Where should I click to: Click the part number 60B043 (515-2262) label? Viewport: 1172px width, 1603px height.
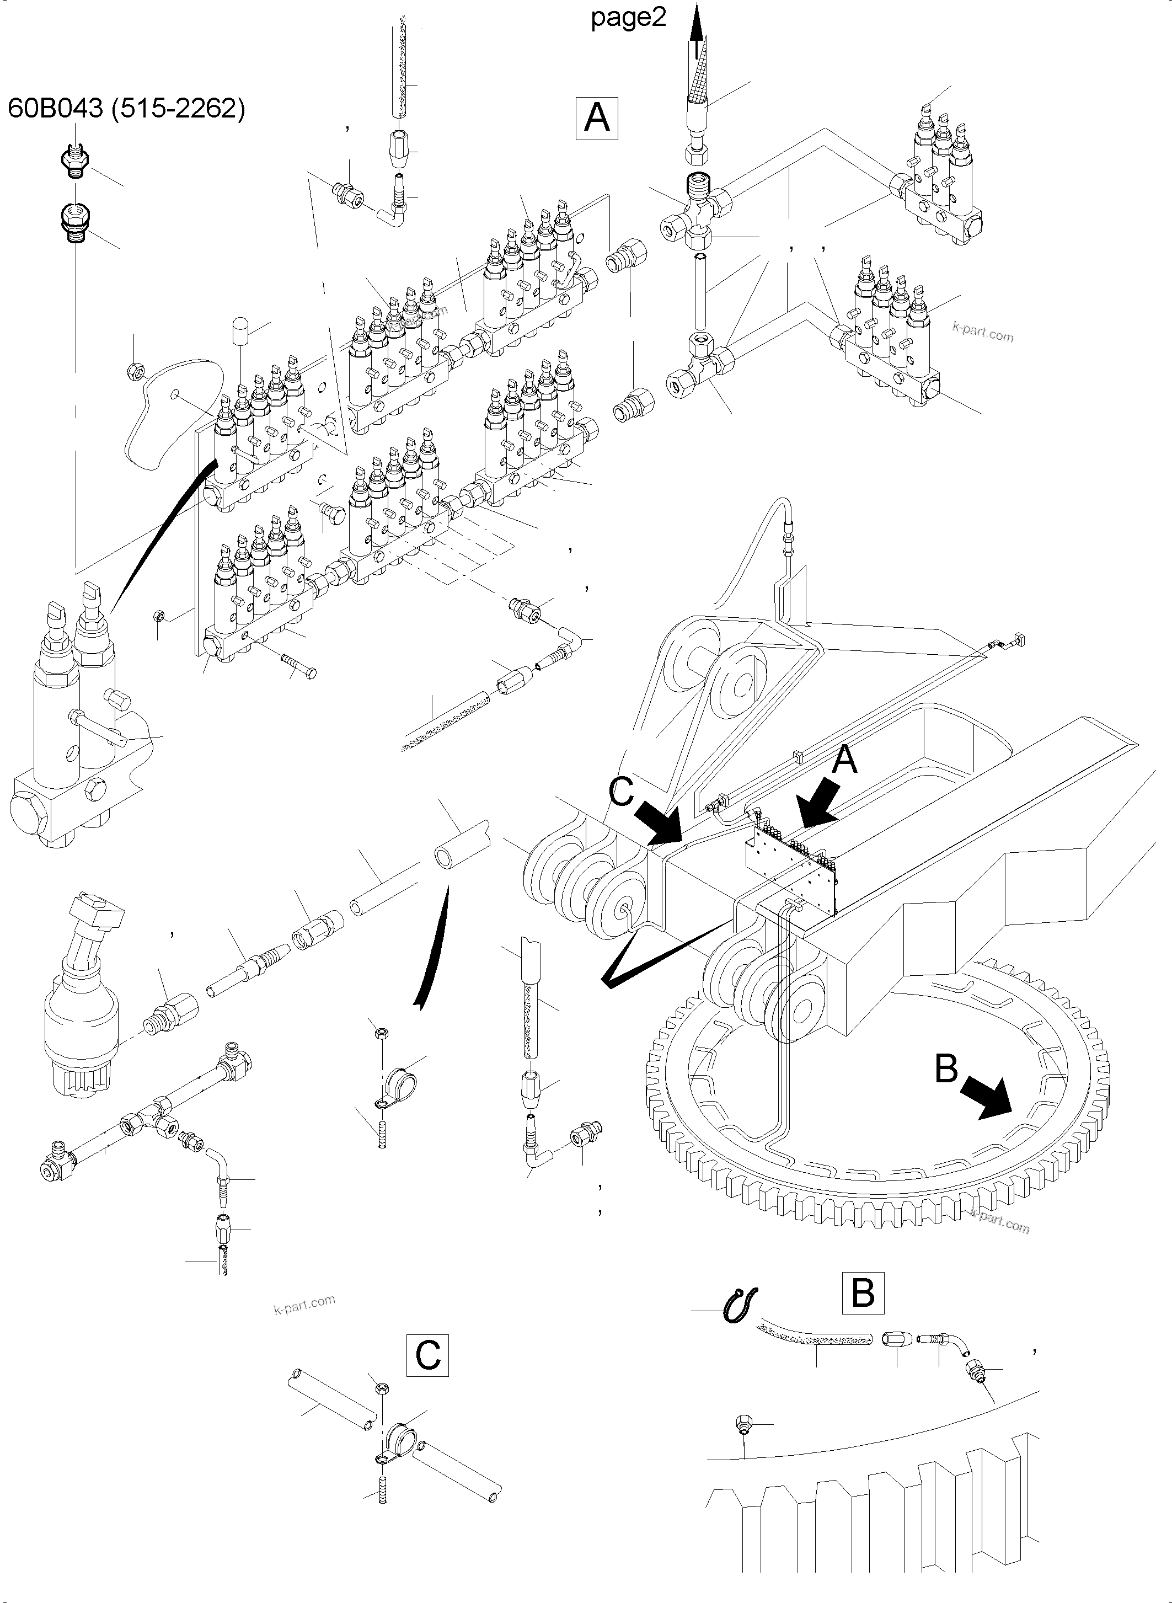point(126,109)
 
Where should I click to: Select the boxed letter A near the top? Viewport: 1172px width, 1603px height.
point(596,118)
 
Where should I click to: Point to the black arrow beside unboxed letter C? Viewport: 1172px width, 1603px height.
point(659,822)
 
